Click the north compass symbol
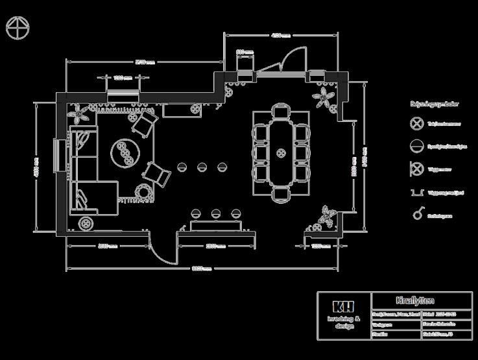click(x=18, y=28)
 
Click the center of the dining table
click(x=281, y=153)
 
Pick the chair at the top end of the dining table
click(x=281, y=112)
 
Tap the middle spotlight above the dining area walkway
click(x=202, y=167)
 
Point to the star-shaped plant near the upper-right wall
click(x=323, y=98)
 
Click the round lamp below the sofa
click(x=85, y=224)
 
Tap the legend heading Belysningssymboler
click(x=435, y=104)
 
